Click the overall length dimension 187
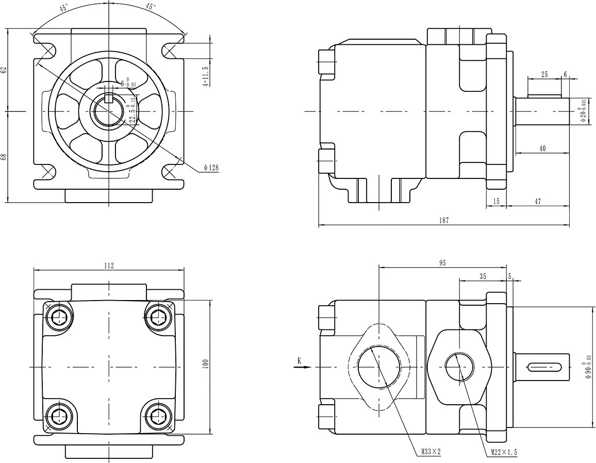[444, 220]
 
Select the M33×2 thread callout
[431, 452]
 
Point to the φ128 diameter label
[211, 168]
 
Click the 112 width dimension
[109, 266]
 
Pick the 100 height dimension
[205, 365]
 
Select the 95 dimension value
[442, 263]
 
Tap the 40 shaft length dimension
[542, 148]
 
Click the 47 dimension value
[538, 202]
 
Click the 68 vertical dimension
[4, 157]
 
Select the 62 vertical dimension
[4, 70]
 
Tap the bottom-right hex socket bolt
[158, 415]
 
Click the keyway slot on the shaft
[544, 367]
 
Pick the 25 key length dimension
[544, 75]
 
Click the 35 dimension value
[483, 276]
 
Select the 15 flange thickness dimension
[496, 202]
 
